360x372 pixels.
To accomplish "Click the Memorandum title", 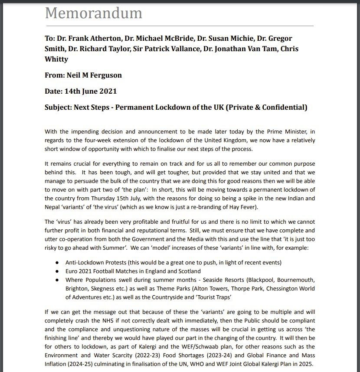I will [93, 13].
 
